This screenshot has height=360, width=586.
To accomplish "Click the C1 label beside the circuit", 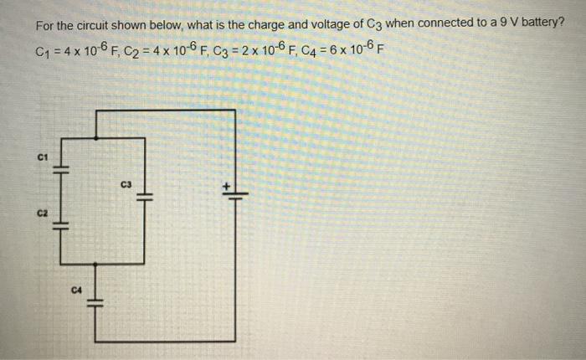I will [42, 157].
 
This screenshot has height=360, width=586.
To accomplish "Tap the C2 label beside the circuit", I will [42, 213].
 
